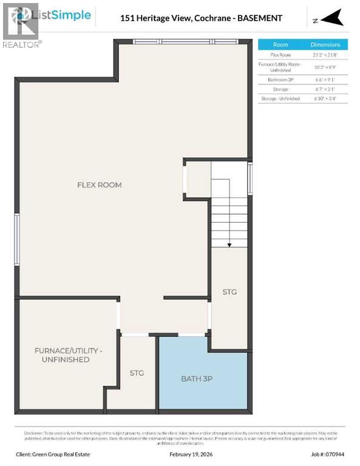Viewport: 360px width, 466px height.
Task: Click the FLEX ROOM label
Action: pos(99,184)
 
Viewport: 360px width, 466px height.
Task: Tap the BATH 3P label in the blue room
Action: pos(197,379)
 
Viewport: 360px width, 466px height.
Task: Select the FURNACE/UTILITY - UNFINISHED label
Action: pos(68,355)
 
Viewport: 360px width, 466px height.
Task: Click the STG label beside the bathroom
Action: pos(137,373)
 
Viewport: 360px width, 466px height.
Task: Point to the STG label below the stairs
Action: pos(229,292)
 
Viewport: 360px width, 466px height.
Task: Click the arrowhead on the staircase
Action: pos(229,245)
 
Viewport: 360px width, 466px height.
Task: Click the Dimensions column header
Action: pos(325,44)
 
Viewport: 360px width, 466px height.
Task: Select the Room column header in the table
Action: pos(280,44)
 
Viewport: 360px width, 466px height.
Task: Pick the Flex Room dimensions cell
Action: pos(325,55)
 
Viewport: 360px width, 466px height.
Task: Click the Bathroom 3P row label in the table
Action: pos(280,79)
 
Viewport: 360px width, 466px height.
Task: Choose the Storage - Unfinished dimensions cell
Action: pos(325,98)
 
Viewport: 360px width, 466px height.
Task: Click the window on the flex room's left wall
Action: pos(17,239)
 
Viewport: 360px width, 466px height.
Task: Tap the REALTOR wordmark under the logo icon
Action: pos(22,44)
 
